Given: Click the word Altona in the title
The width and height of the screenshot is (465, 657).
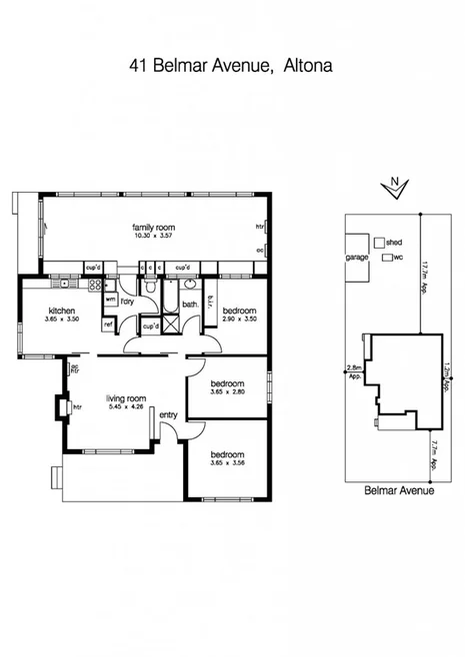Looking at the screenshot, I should pyautogui.click(x=303, y=66).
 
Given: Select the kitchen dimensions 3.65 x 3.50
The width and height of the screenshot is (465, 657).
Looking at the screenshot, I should pyautogui.click(x=61, y=322).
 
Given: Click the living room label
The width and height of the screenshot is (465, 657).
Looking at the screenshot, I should pyautogui.click(x=127, y=397).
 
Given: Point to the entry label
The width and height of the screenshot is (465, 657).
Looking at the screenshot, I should pyautogui.click(x=168, y=415).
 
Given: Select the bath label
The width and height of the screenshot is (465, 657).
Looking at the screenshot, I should pyautogui.click(x=188, y=306).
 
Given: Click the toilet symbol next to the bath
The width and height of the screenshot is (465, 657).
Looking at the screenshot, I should pyautogui.click(x=149, y=290).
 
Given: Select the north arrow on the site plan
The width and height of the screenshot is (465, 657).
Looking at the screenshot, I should pyautogui.click(x=394, y=187).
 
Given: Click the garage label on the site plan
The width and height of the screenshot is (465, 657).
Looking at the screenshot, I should pyautogui.click(x=357, y=258).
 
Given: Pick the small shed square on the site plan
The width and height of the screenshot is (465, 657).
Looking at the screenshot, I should pyautogui.click(x=379, y=242).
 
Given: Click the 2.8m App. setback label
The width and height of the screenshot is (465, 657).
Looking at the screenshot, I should pyautogui.click(x=353, y=371).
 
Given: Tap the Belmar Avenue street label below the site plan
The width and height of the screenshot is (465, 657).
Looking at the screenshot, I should pyautogui.click(x=394, y=491).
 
